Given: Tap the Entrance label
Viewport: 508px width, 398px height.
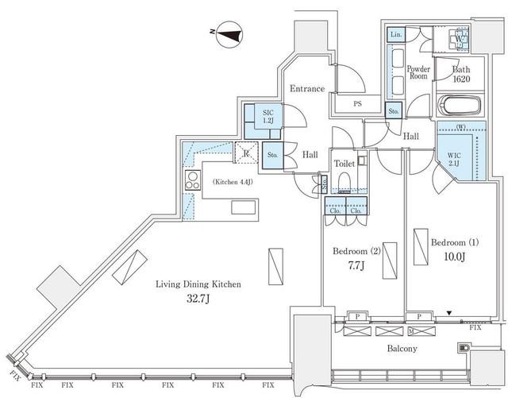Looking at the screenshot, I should pyautogui.click(x=306, y=88).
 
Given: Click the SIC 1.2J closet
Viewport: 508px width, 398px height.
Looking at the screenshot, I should pyautogui.click(x=268, y=118).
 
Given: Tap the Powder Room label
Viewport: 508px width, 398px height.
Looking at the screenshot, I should pyautogui.click(x=418, y=72).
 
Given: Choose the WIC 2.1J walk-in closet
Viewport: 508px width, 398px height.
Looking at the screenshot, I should pyautogui.click(x=455, y=156).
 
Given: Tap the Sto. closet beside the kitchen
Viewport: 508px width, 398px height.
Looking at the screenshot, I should pyautogui.click(x=272, y=154).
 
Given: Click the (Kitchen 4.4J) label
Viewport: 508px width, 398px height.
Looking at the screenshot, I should pyautogui.click(x=234, y=182).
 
